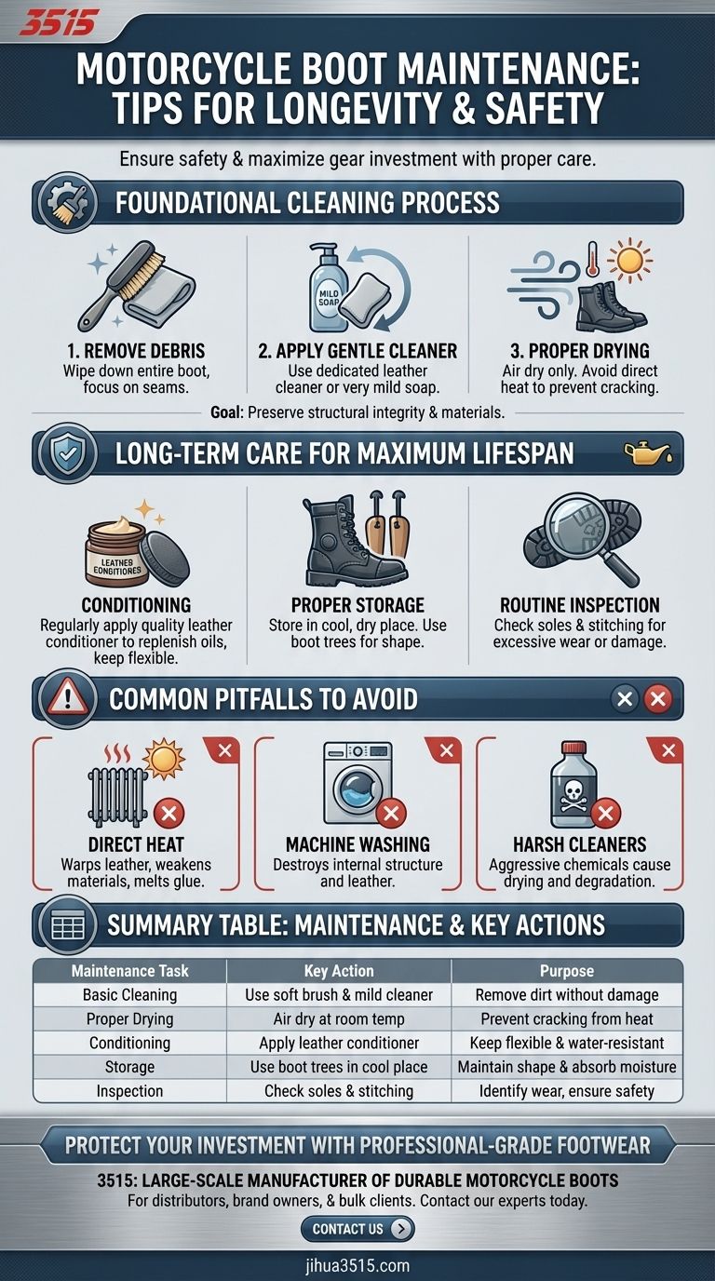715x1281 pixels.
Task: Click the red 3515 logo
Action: (56, 24)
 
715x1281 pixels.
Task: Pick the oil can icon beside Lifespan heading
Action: (648, 453)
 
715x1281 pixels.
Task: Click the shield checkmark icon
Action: (62, 453)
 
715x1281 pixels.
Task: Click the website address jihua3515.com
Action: (357, 1265)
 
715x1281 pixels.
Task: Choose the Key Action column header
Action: (339, 971)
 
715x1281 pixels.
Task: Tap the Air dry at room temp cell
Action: (339, 1018)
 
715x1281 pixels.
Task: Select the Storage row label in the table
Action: (129, 1067)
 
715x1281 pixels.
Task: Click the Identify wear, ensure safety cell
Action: (567, 1091)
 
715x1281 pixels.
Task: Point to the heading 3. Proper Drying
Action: (580, 351)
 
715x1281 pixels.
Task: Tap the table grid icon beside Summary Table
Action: (68, 925)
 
